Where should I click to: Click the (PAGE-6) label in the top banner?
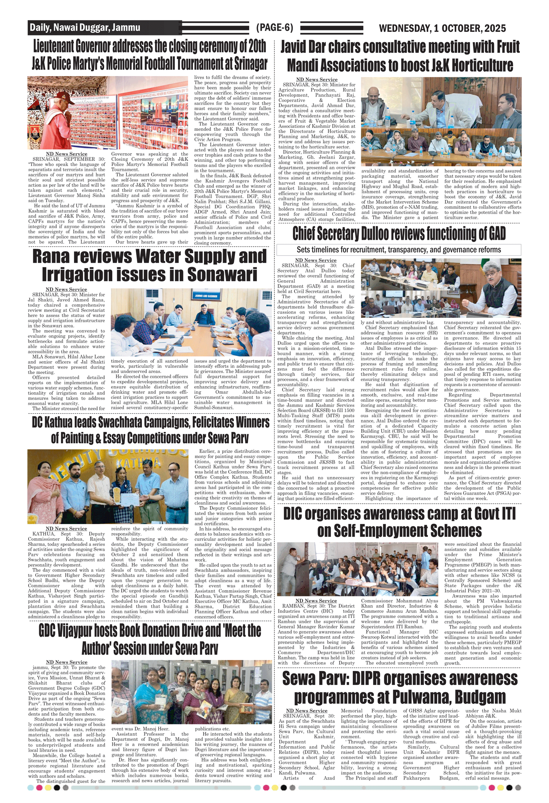274,28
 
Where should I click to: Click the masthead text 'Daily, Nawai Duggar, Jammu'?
85,28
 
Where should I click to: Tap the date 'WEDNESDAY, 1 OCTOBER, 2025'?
442,28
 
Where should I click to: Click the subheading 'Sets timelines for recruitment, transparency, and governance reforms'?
399,250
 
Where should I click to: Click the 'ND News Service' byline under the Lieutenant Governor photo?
67,154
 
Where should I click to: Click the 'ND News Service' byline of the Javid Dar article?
317,79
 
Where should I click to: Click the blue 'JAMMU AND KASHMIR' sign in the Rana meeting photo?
206,296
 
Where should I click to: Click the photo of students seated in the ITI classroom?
357,569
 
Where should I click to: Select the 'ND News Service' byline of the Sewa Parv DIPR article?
306,710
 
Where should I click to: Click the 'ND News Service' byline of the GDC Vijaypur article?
67,662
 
